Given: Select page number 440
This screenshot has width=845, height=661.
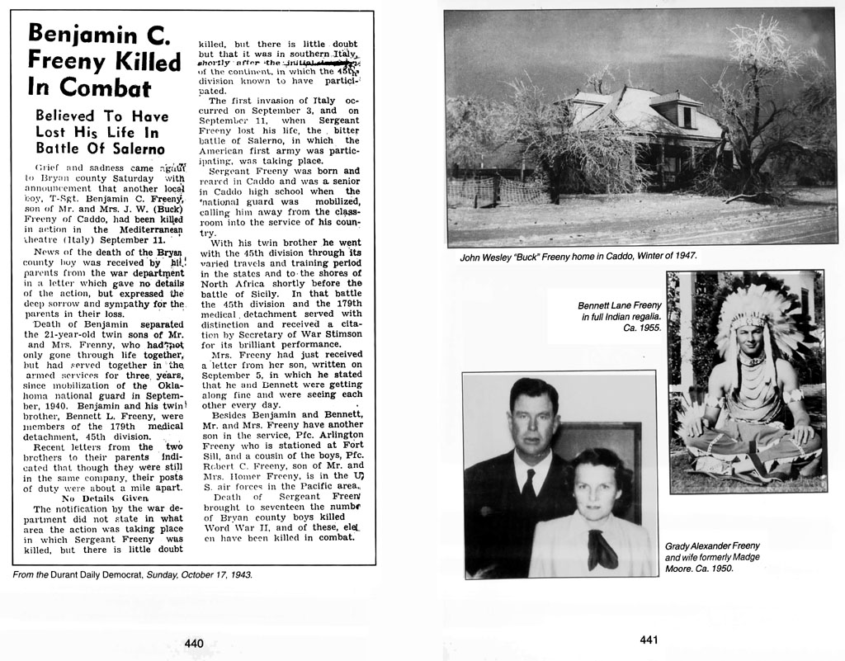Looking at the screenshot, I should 194,643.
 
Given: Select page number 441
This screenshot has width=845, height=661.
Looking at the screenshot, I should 648,640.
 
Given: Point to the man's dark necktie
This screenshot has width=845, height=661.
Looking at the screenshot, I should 528,487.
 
